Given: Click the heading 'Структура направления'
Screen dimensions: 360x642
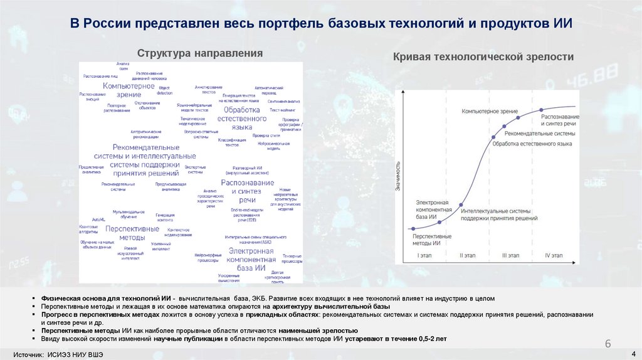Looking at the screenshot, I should pos(200,53).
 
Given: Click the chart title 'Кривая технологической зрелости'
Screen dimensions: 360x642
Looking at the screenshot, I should pos(483,57).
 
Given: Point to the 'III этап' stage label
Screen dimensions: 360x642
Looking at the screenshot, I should pos(511,255).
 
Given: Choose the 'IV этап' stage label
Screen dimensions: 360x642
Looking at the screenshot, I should pos(554,255).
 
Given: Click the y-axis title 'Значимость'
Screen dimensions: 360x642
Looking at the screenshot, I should pos(397,175).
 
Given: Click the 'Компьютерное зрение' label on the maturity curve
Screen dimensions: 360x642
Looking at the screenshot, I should pos(490,111).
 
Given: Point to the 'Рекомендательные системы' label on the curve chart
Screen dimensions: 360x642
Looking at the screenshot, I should pos(539,134).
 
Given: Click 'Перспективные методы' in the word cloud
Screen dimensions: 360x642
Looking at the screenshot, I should pos(132,233).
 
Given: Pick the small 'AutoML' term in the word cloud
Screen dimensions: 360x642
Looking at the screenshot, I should pos(98,220).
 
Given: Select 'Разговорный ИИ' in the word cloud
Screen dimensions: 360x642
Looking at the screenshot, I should pos(248,168).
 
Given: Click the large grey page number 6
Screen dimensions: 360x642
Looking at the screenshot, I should pos(608,344).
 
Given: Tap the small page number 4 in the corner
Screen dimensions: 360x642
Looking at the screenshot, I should pos(633,353).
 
